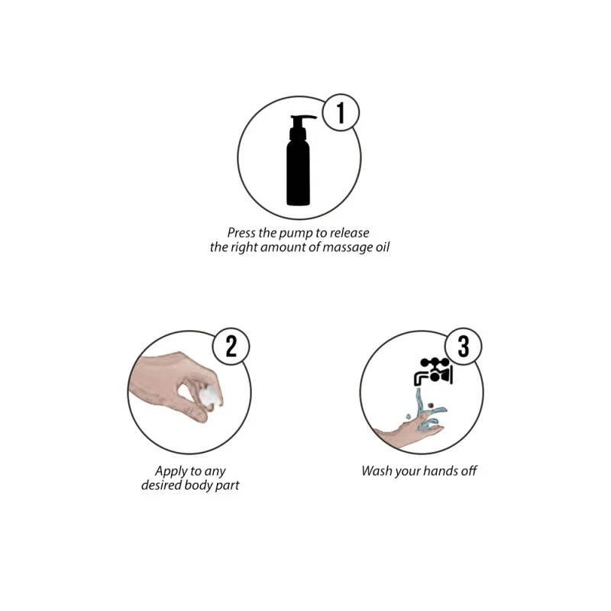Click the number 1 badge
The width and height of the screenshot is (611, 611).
tap(341, 112)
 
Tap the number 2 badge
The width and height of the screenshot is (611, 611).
tap(231, 347)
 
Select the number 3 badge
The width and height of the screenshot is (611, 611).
tap(464, 347)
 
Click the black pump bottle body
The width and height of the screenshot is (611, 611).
tap(299, 171)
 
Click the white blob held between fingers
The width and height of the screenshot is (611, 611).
tap(211, 396)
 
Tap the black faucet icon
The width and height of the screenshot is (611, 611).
tap(433, 371)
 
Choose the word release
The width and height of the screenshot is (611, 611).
tap(350, 233)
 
